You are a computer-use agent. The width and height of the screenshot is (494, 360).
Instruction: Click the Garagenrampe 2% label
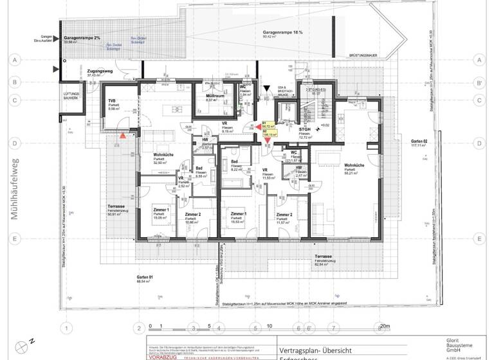pyautogui.click(x=82, y=39)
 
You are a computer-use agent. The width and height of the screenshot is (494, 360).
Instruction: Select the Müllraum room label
pyautogui.click(x=215, y=96)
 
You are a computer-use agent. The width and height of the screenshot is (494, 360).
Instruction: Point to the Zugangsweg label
pyautogui.click(x=95, y=71)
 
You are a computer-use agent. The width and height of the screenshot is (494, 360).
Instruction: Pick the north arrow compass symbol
pyautogui.click(x=26, y=346)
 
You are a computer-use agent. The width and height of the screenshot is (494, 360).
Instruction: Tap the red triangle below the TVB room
pyautogui.click(x=122, y=136)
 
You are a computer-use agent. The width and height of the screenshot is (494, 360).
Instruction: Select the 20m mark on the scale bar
pyautogui.click(x=385, y=326)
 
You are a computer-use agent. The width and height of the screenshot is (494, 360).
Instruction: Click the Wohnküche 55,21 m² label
pyautogui.click(x=354, y=168)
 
